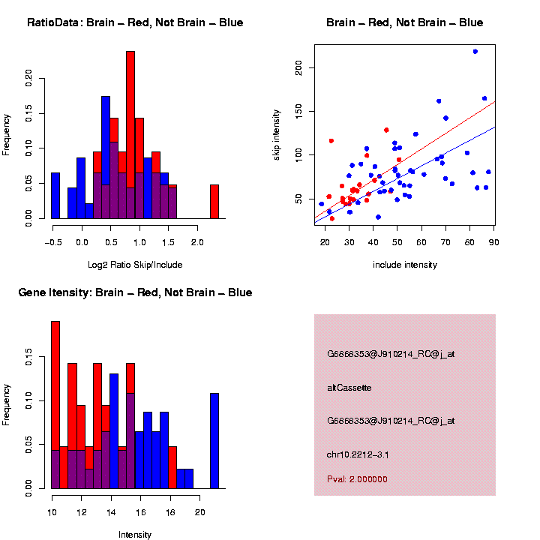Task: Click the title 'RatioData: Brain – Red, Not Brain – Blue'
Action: (135, 22)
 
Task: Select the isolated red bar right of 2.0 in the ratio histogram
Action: (214, 201)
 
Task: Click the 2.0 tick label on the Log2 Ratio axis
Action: (196, 243)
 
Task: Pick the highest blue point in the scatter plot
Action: (475, 51)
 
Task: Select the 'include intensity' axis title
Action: (405, 265)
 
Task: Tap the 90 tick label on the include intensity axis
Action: (494, 241)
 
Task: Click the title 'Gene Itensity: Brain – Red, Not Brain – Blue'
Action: (135, 292)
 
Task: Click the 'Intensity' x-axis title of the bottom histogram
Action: (135, 535)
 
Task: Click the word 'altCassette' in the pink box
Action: (349, 388)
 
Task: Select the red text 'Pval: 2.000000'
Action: (357, 479)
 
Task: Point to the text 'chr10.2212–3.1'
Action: (358, 454)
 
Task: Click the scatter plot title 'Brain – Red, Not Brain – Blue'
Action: (405, 22)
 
